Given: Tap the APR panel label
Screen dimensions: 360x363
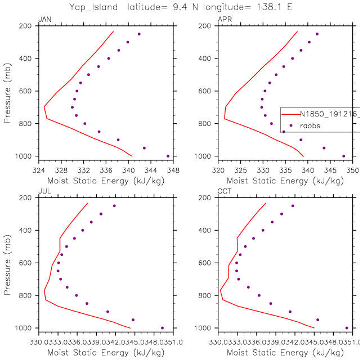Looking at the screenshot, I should (223, 20).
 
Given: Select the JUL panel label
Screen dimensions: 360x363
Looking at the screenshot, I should (43, 192).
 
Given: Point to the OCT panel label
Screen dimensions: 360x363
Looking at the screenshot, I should (223, 192).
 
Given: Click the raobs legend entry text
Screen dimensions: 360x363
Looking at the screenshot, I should (310, 126).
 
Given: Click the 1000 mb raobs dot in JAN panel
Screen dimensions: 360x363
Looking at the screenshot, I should (168, 156).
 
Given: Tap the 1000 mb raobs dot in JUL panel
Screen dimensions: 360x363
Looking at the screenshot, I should (162, 328).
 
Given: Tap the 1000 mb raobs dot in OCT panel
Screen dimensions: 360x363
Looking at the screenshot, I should (347, 328).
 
